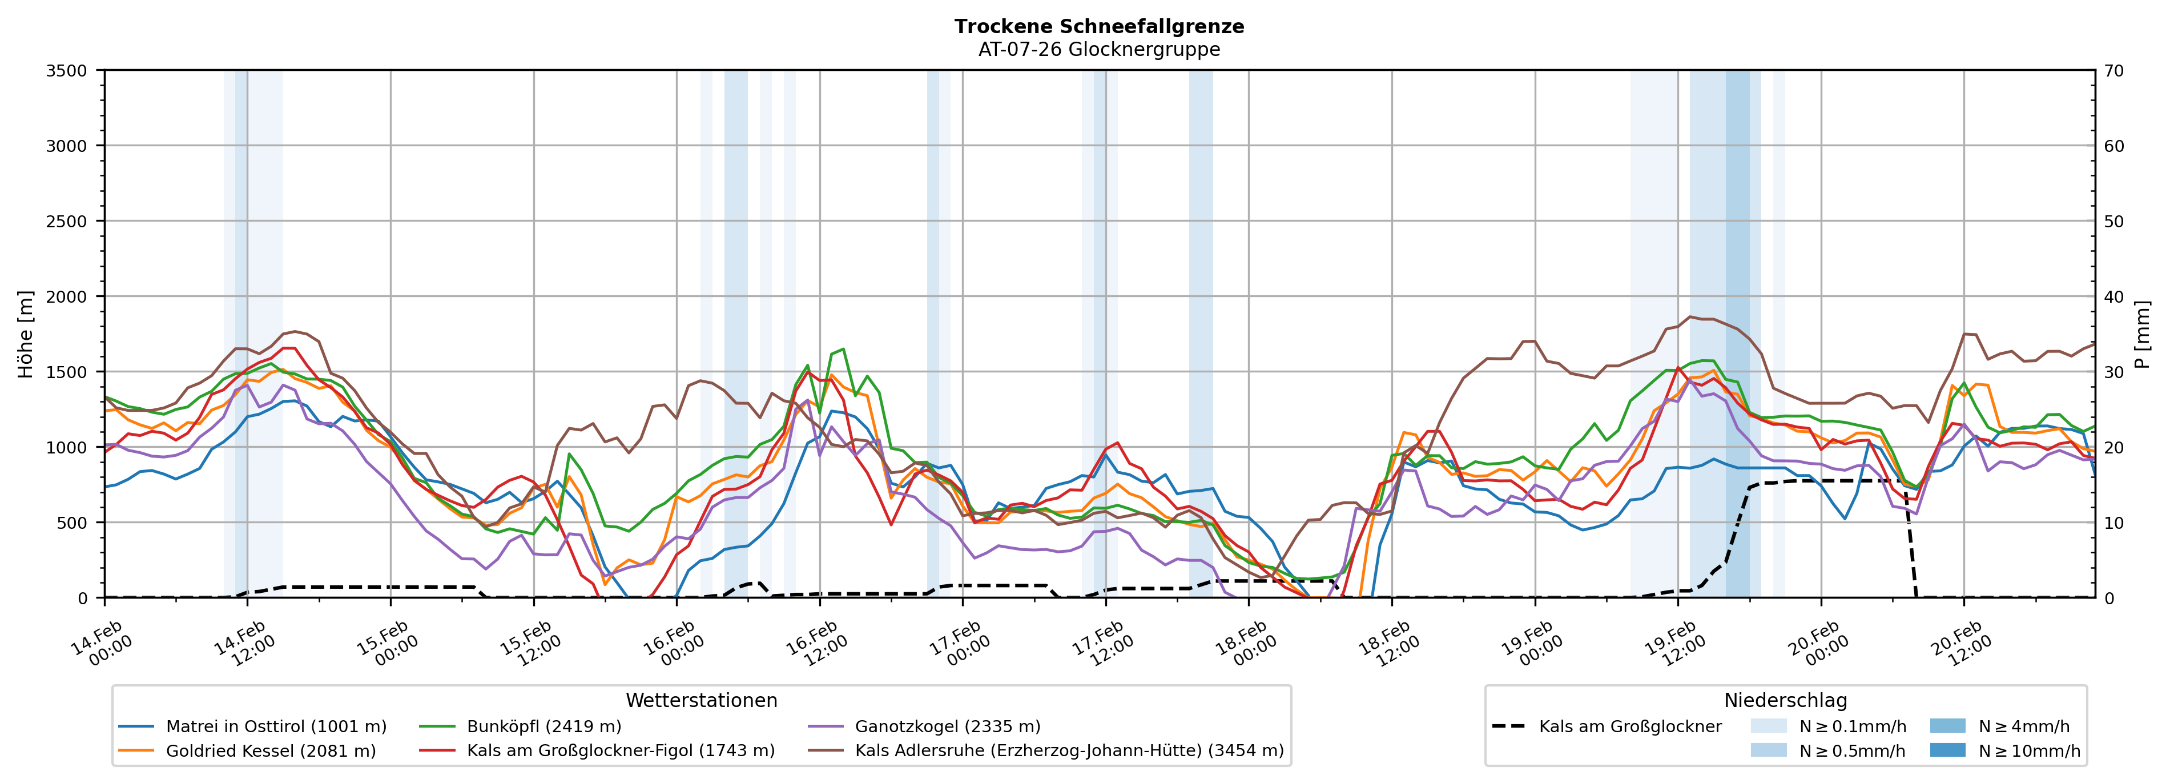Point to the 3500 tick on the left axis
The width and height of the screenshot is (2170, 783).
point(67,71)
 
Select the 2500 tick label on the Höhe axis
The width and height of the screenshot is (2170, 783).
point(67,222)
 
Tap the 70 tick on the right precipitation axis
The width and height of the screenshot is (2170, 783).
point(2113,71)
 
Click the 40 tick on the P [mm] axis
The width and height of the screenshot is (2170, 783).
point(2113,296)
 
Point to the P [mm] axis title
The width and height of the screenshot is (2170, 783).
point(2142,334)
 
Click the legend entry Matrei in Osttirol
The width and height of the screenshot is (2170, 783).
point(276,726)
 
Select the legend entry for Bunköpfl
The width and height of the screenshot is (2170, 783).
point(543,726)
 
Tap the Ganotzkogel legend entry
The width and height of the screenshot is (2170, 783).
point(947,726)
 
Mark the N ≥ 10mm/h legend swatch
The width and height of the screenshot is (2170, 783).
point(1947,750)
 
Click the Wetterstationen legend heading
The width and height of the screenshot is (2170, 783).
point(701,700)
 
